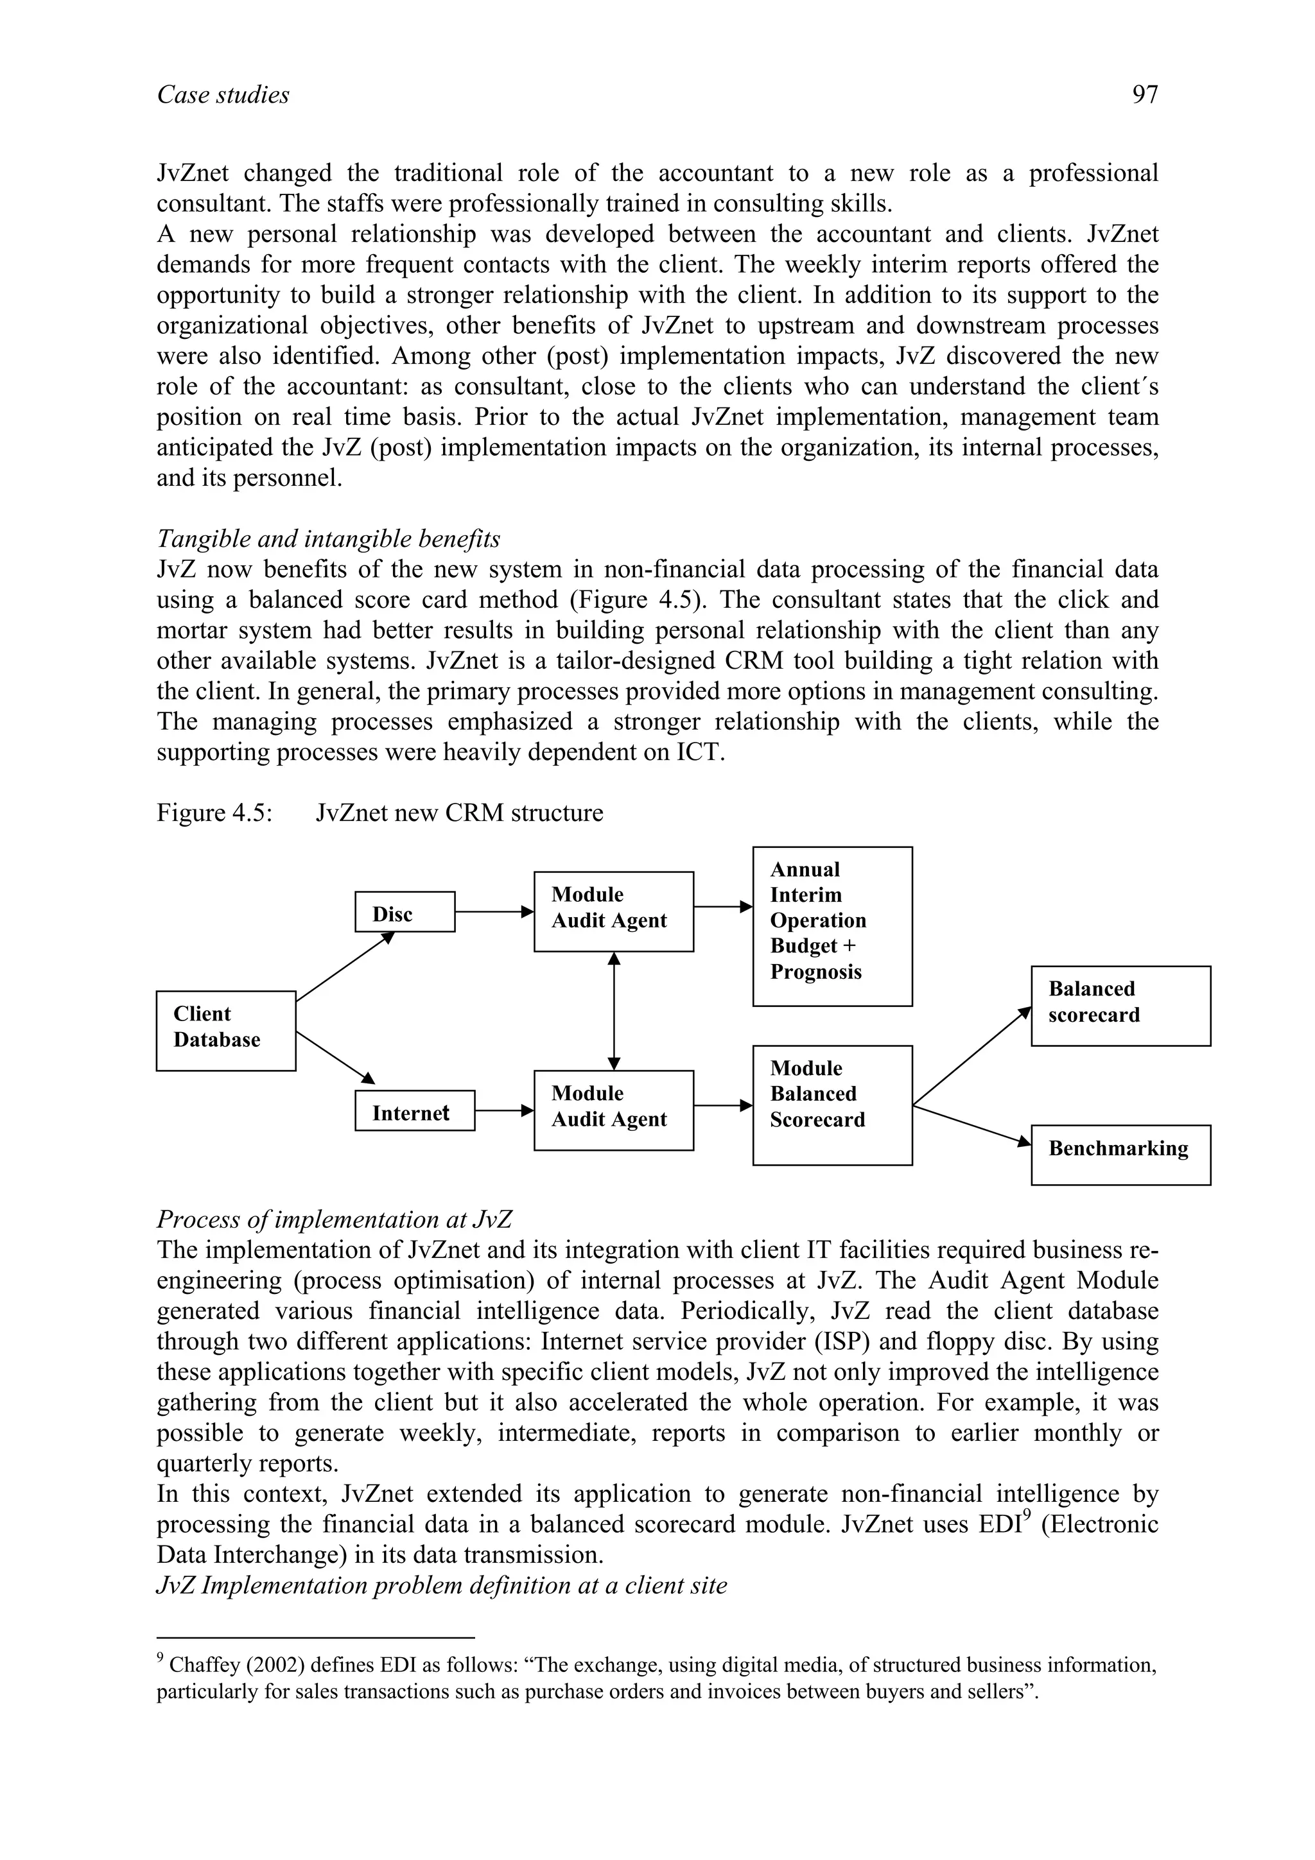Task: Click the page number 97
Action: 1144,95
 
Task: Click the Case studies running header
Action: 223,95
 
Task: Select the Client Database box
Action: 226,1031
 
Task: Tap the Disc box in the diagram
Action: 405,912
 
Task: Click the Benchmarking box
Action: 1120,1155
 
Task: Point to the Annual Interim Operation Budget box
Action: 832,926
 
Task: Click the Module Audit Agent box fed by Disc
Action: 613,911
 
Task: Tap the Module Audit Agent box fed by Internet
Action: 613,1110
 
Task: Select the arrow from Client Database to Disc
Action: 344,967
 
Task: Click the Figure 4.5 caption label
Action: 213,813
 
